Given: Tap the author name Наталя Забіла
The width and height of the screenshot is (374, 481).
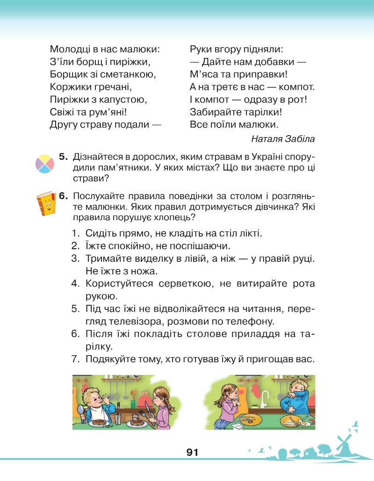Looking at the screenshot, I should pos(283,138).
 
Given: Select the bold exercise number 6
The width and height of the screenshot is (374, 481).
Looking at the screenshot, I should pos(64,196).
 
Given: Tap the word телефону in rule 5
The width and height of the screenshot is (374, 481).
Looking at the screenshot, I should pos(248,321).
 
